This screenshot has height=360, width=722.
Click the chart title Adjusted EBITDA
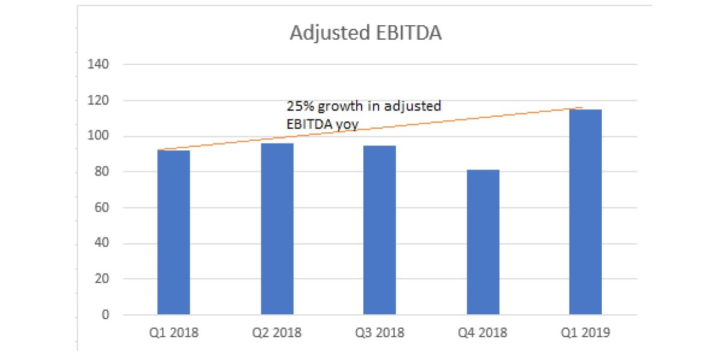[x=365, y=33]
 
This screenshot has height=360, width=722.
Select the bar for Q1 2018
[x=174, y=232]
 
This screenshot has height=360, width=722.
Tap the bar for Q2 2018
[x=277, y=228]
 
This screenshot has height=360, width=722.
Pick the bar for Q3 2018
[x=380, y=230]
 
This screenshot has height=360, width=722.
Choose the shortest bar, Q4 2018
[x=483, y=242]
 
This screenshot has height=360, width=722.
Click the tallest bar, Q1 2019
[x=586, y=212]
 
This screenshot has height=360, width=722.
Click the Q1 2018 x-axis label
[x=174, y=332]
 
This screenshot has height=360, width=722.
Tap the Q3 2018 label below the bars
[x=380, y=332]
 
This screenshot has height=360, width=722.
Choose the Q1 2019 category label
[x=586, y=332]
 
